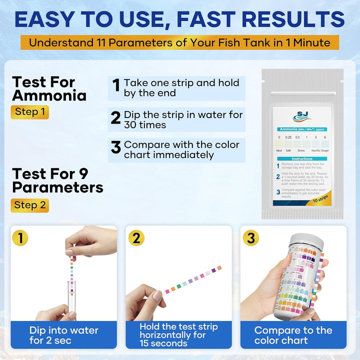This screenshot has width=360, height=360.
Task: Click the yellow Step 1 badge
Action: [x=29, y=112]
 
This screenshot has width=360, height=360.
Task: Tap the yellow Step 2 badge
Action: [x=29, y=205]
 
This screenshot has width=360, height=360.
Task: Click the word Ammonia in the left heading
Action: [x=49, y=95]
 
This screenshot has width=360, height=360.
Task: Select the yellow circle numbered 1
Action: [x=20, y=238]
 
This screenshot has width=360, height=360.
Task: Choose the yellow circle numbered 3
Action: [x=250, y=238]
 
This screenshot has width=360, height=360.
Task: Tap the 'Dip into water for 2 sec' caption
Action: [x=64, y=335]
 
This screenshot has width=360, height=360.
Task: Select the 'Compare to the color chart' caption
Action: [x=293, y=335]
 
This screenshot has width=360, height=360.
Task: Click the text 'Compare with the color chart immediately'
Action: [x=181, y=149]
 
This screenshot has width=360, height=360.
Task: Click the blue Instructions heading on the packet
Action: [x=302, y=157]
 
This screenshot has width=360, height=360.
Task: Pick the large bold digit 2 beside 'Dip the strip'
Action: [x=115, y=118]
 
